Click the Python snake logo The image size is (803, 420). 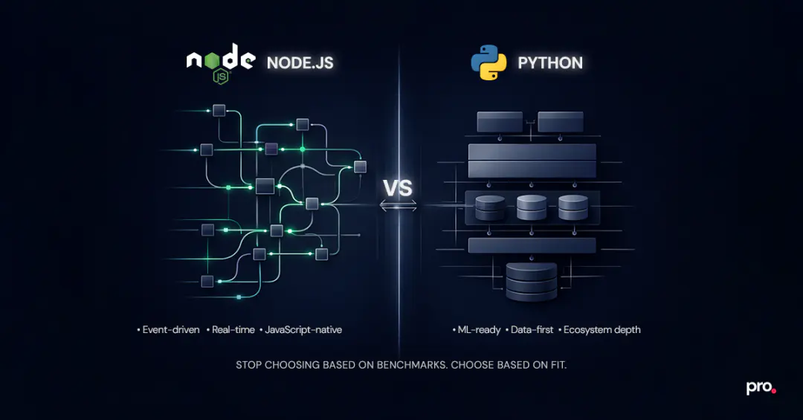tap(488, 62)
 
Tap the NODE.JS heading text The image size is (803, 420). tap(300, 63)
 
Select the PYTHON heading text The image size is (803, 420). tap(550, 63)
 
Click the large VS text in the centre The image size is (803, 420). tap(398, 187)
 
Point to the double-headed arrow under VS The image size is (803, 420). tap(399, 205)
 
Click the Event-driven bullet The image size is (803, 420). tap(170, 329)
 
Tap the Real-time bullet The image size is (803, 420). tap(233, 329)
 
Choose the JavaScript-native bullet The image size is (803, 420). tap(303, 329)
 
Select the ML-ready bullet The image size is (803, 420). tap(478, 329)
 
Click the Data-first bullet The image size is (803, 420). tap(532, 329)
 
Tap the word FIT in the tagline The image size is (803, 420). tap(555, 366)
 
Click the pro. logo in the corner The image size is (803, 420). tap(761, 388)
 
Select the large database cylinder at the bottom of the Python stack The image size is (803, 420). tap(531, 281)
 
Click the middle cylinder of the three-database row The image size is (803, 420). tap(532, 207)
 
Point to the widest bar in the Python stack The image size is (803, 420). tap(532, 160)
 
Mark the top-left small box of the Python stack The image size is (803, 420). tap(500, 121)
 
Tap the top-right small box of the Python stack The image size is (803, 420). tap(562, 121)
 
